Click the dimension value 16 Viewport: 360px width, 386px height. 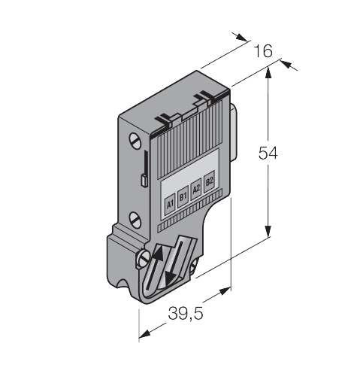[x=262, y=51]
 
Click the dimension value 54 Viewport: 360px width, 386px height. [x=268, y=153]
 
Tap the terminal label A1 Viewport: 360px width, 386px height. [x=169, y=202]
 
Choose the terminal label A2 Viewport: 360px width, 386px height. [x=196, y=188]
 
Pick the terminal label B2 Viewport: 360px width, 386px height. [x=210, y=181]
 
